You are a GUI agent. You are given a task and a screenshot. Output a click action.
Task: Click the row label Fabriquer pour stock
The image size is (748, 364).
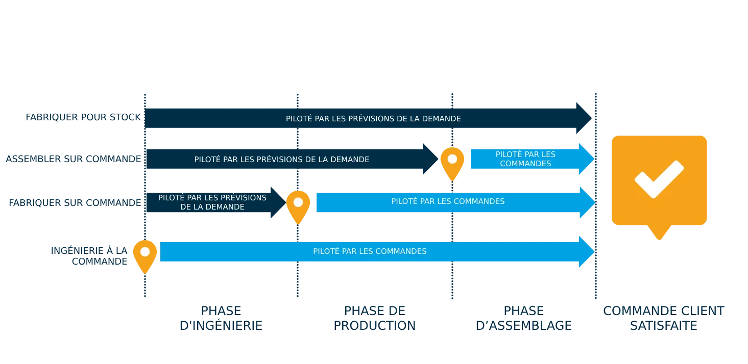[83, 117]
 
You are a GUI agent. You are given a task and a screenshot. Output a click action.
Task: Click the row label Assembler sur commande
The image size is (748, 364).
[72, 159]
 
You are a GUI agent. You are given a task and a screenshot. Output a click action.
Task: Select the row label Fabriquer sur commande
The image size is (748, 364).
[75, 202]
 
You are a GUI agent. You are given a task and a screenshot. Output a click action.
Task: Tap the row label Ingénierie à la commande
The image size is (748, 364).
[89, 255]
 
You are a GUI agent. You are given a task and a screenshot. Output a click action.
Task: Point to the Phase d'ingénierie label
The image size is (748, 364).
[222, 318]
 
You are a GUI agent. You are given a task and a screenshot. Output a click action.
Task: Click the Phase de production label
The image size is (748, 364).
[375, 318]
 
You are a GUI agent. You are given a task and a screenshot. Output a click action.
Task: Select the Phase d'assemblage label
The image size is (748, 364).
[523, 318]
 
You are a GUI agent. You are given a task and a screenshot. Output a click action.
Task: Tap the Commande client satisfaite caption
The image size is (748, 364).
[664, 318]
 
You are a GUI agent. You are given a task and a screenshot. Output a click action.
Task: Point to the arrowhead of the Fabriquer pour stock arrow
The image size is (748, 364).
[584, 118]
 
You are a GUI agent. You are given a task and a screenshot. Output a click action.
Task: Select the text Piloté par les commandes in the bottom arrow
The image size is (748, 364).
[370, 251]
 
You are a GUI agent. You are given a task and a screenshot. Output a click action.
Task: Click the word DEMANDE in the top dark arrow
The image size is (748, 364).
[443, 119]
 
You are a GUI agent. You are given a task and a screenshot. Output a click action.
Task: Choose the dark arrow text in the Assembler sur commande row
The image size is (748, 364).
[281, 160]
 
